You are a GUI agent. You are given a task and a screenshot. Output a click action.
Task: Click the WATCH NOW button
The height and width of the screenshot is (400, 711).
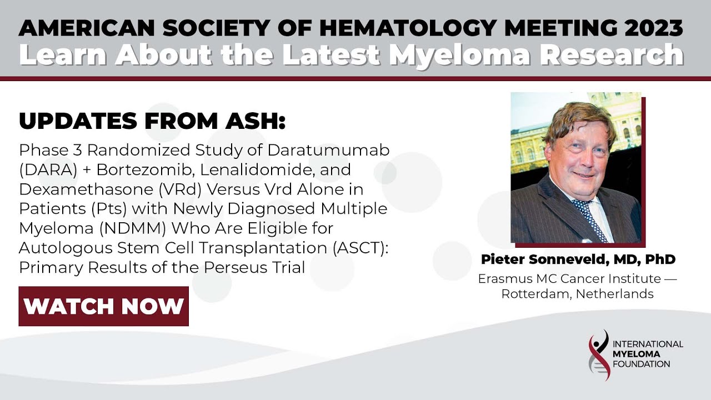pyautogui.click(x=103, y=306)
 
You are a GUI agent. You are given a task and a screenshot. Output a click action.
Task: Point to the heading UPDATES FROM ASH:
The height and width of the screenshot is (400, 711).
pyautogui.click(x=152, y=121)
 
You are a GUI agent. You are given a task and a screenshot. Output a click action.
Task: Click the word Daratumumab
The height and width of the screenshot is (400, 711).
pyautogui.click(x=328, y=150)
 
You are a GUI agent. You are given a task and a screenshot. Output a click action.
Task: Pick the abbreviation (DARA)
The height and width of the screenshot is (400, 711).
pyautogui.click(x=48, y=170)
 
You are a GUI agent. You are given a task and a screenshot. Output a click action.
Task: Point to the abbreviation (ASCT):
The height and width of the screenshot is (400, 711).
pyautogui.click(x=360, y=248)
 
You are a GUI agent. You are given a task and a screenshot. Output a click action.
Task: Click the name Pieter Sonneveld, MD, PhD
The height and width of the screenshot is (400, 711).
pyautogui.click(x=578, y=259)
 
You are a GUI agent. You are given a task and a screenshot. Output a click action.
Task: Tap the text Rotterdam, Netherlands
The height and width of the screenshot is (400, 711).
pyautogui.click(x=577, y=294)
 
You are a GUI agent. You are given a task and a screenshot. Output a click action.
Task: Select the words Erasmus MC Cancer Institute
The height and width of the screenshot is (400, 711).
pyautogui.click(x=569, y=278)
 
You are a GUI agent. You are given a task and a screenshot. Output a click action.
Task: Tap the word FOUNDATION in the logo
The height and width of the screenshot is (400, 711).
pyautogui.click(x=641, y=364)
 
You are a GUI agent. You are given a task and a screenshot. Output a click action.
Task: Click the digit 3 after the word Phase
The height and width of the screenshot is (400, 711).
pyautogui.click(x=78, y=150)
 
